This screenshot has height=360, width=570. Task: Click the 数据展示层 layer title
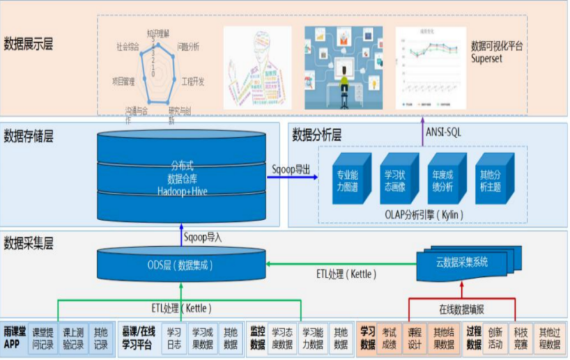28,45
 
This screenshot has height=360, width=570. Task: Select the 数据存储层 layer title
28,137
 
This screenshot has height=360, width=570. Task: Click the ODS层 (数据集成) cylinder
180,264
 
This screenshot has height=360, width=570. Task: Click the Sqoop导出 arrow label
291,169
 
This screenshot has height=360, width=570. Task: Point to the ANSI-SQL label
443,132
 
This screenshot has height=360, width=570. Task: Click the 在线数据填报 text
461,309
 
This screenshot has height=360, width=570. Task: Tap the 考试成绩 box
389,338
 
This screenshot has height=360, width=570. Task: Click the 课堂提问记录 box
43,338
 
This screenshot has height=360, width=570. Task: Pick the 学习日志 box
174,338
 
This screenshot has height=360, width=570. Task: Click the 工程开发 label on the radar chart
192,81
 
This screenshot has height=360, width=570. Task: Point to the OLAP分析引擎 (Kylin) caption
422,214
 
